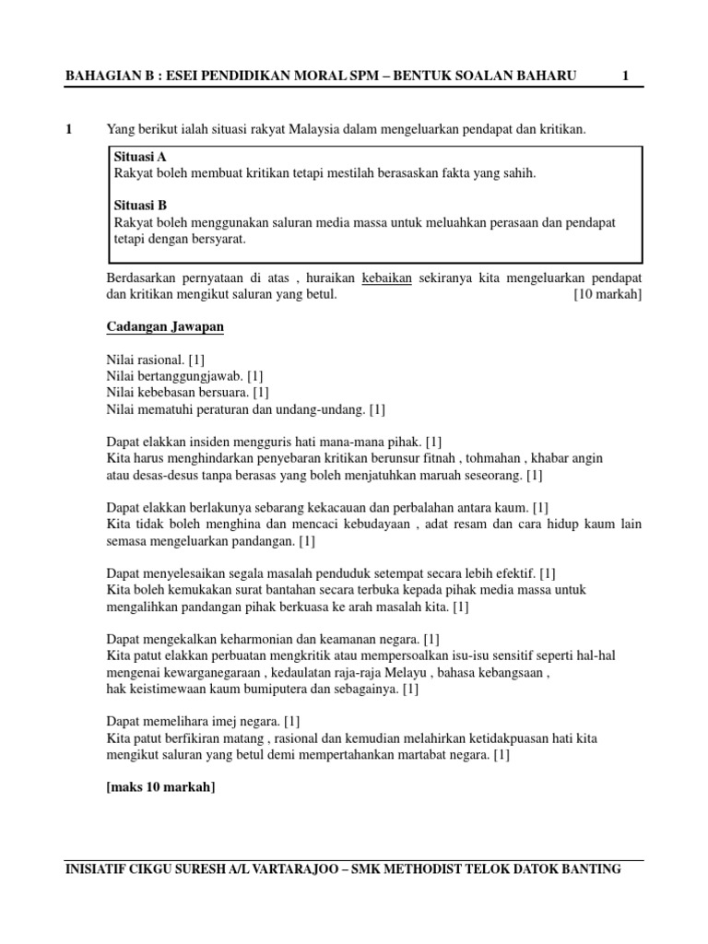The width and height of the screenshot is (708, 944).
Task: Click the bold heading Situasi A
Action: click(139, 157)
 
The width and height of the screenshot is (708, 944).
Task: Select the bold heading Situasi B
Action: click(139, 206)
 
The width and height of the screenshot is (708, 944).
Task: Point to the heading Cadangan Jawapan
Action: click(165, 327)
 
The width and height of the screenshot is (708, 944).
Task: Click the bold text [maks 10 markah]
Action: click(161, 787)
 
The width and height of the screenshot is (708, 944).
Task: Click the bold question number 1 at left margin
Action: click(70, 130)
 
